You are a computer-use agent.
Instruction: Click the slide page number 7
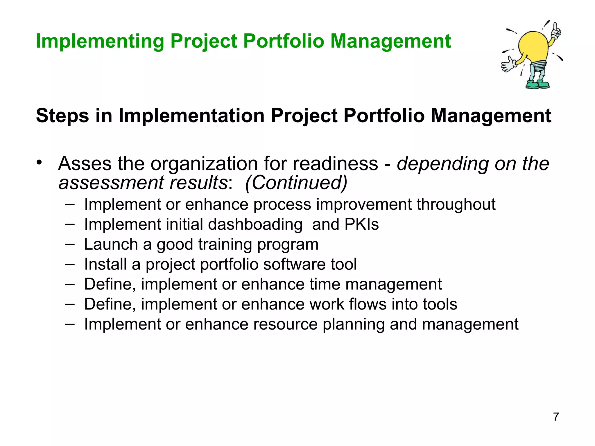tap(556, 417)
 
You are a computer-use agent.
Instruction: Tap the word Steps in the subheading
tap(62, 116)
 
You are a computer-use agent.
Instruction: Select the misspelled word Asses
tap(85, 163)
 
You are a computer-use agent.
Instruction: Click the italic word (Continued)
tap(296, 183)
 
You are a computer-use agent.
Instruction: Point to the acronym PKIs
tap(361, 224)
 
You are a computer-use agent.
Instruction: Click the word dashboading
tap(255, 224)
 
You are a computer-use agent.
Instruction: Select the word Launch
tap(111, 244)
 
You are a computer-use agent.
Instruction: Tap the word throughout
tap(456, 204)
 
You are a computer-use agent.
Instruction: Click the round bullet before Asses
tap(39, 163)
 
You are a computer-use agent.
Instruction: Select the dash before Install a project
tap(70, 264)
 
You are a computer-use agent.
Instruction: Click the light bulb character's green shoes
tap(538, 85)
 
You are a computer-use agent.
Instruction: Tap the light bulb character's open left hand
tap(508, 64)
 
